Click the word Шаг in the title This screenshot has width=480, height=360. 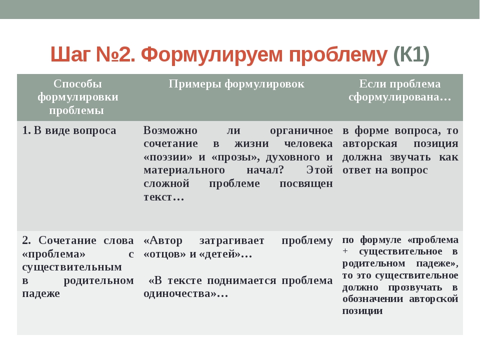70,55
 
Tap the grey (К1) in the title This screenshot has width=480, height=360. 411,55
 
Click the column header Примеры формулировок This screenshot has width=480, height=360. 236,84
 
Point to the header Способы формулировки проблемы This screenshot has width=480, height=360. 78,97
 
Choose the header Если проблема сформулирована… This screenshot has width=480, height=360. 400,90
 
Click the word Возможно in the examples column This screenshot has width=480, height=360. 170,130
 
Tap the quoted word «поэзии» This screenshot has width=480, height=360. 168,157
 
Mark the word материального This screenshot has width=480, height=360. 184,170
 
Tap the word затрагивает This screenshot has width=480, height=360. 231,241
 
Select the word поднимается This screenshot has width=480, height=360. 241,280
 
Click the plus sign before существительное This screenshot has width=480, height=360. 345,251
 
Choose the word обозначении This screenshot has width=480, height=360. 372,299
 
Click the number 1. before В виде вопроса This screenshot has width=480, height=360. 26,130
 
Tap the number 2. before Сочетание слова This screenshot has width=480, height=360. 26,240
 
